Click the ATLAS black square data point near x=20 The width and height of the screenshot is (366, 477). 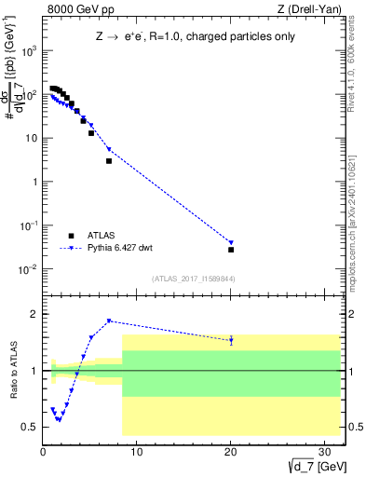[x=231, y=250]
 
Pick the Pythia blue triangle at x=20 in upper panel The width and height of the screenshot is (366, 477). [x=231, y=242]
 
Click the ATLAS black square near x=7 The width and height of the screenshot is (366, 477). [x=109, y=161]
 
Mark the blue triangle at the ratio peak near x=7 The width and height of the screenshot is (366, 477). [x=109, y=321]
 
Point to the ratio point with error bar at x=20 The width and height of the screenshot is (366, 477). [x=231, y=341]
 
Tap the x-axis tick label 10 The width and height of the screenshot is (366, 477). [x=137, y=452]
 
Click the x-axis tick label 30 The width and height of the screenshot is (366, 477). [x=325, y=452]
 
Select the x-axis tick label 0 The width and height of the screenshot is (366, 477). [x=43, y=452]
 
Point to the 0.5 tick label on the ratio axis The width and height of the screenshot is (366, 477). [x=30, y=428]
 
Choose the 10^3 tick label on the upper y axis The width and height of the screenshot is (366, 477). [x=27, y=50]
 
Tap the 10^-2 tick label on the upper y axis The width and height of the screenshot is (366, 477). [x=27, y=269]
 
